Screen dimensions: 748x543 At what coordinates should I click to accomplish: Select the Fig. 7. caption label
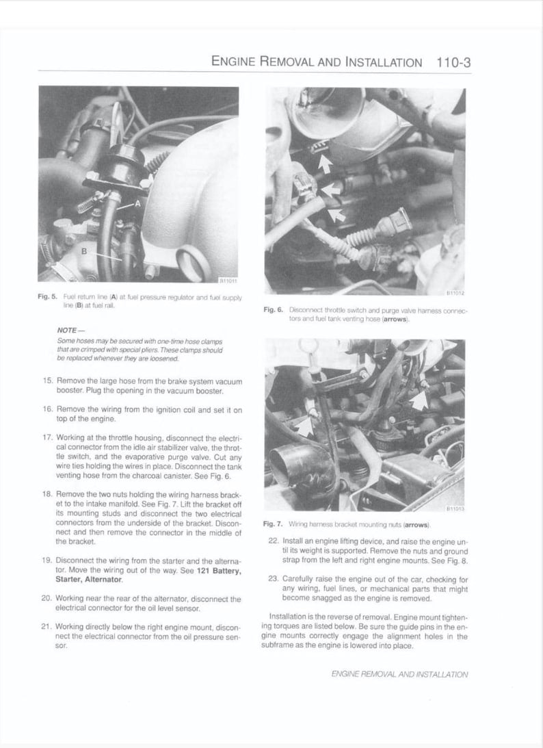tap(273, 524)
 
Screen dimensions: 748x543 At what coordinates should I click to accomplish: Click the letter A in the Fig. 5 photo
tap(137, 203)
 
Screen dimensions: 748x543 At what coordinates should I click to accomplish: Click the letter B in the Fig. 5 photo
tap(84, 250)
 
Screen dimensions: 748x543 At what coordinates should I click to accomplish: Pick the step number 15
tap(47, 380)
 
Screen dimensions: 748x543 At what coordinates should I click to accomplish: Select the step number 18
tap(47, 493)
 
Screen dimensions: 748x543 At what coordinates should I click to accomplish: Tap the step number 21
tap(47, 626)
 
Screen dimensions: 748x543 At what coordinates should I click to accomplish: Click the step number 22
tap(273, 541)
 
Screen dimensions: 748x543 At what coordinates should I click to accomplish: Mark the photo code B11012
tap(455, 293)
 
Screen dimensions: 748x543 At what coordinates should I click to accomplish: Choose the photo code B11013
tap(455, 508)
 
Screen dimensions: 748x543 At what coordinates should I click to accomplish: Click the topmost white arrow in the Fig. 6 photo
tap(326, 163)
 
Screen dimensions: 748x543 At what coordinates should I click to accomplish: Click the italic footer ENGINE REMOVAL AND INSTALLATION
tap(399, 674)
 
